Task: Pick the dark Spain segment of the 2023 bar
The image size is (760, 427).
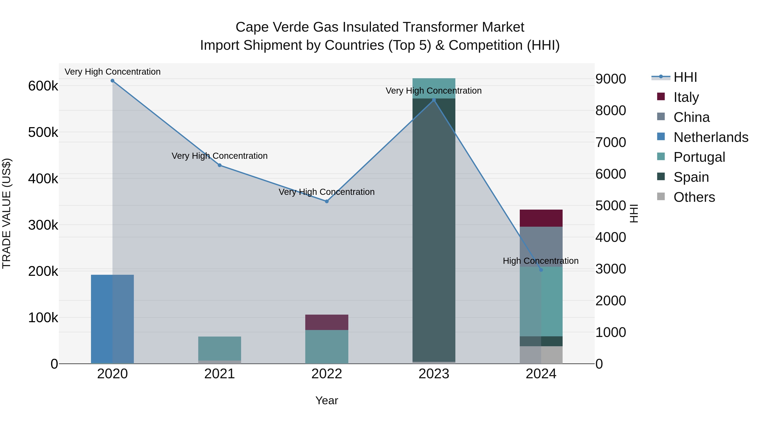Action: tap(434, 230)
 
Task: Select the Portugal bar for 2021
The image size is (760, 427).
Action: tap(220, 348)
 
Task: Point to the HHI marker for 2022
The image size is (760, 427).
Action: tap(327, 201)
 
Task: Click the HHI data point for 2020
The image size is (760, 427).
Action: tap(112, 81)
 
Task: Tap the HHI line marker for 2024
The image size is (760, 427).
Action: tap(541, 270)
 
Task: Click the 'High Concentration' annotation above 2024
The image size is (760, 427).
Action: tap(540, 261)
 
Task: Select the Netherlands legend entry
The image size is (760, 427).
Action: tap(710, 137)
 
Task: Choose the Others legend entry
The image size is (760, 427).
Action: tap(694, 197)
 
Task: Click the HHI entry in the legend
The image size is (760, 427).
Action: tap(685, 77)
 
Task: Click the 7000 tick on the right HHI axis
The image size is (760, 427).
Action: tap(610, 142)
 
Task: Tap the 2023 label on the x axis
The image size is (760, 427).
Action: tap(434, 374)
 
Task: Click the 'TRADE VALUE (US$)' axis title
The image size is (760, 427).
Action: tap(7, 213)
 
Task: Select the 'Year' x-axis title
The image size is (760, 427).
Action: tap(327, 400)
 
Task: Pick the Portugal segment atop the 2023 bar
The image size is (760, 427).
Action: tap(434, 88)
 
